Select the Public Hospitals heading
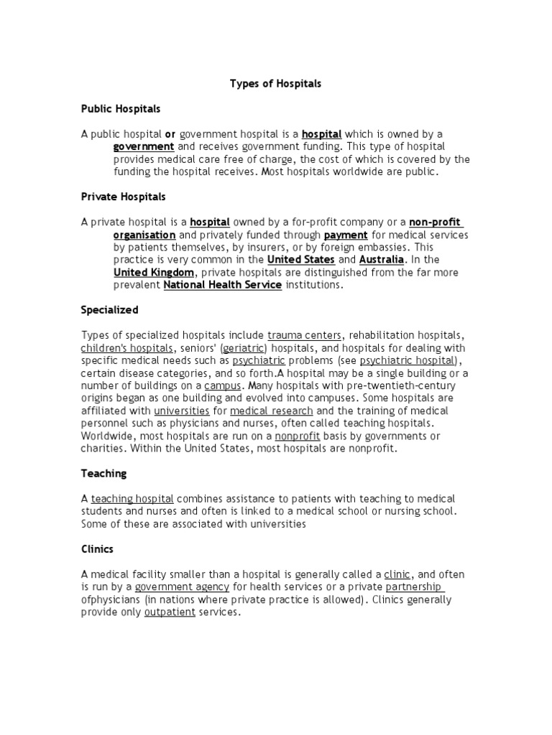pyautogui.click(x=121, y=109)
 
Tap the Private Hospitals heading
pyautogui.click(x=123, y=196)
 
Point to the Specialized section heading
pyautogui.click(x=110, y=310)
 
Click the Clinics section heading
pyautogui.click(x=97, y=549)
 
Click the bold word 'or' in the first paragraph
pyautogui.click(x=170, y=134)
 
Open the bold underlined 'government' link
pyautogui.click(x=144, y=146)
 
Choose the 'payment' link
pyautogui.click(x=346, y=235)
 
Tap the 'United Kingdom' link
pyautogui.click(x=154, y=273)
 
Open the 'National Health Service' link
pyautogui.click(x=223, y=285)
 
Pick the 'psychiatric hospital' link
pyautogui.click(x=408, y=360)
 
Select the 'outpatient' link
pyautogui.click(x=170, y=612)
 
